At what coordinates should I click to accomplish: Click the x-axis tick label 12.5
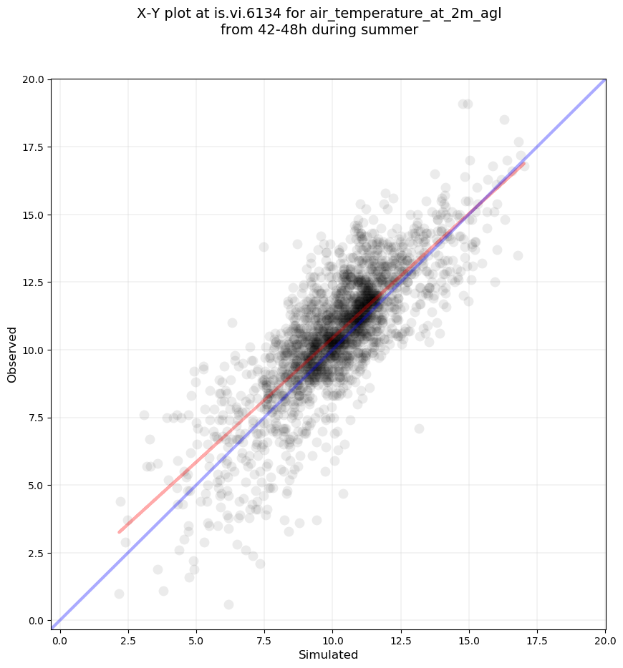(x=401, y=641)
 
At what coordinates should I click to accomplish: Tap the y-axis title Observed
(x=12, y=355)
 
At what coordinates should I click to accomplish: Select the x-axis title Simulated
(x=329, y=655)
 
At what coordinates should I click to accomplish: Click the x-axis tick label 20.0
(x=606, y=641)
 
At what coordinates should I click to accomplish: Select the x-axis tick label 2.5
(x=127, y=641)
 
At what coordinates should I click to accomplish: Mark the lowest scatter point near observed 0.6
(x=228, y=604)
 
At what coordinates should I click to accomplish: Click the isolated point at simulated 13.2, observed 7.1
(x=419, y=428)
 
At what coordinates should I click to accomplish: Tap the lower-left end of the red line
(x=120, y=532)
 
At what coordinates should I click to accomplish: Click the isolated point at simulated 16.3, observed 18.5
(x=504, y=119)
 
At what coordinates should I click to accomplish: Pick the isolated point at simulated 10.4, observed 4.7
(x=343, y=493)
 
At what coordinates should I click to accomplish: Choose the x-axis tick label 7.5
(x=264, y=641)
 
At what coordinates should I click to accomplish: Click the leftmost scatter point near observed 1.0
(x=119, y=594)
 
